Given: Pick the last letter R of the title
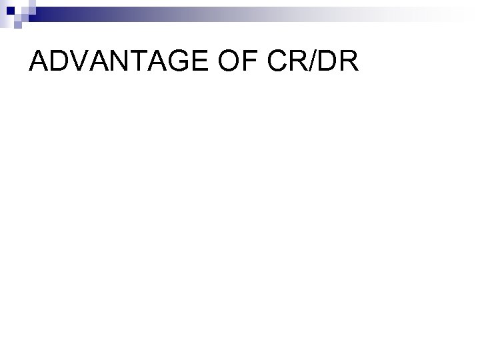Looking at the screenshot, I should pos(349,62).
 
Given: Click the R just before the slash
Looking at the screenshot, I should pos(297,62).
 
